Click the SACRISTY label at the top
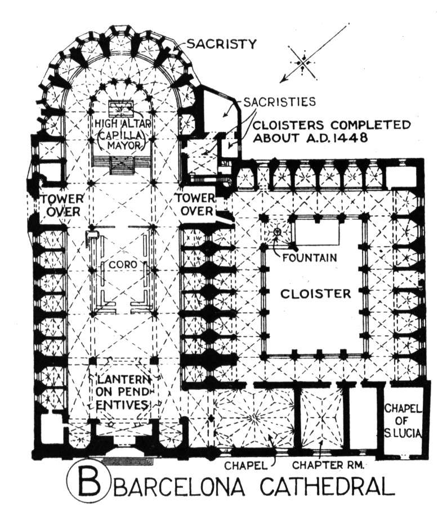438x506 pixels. click(222, 43)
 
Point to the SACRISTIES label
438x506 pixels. click(279, 101)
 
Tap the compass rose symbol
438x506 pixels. click(302, 63)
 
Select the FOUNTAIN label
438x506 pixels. click(310, 258)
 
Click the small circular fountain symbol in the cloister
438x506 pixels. click(276, 231)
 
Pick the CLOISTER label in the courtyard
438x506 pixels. click(315, 294)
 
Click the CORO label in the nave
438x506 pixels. click(123, 265)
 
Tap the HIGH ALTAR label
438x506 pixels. click(122, 123)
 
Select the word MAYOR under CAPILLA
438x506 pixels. click(124, 145)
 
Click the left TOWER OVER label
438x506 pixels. click(62, 205)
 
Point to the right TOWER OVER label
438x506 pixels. click(195, 205)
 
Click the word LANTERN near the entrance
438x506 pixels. click(123, 380)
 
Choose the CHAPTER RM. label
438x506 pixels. click(328, 465)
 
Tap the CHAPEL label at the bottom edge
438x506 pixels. click(246, 465)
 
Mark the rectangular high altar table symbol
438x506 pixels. click(120, 108)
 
